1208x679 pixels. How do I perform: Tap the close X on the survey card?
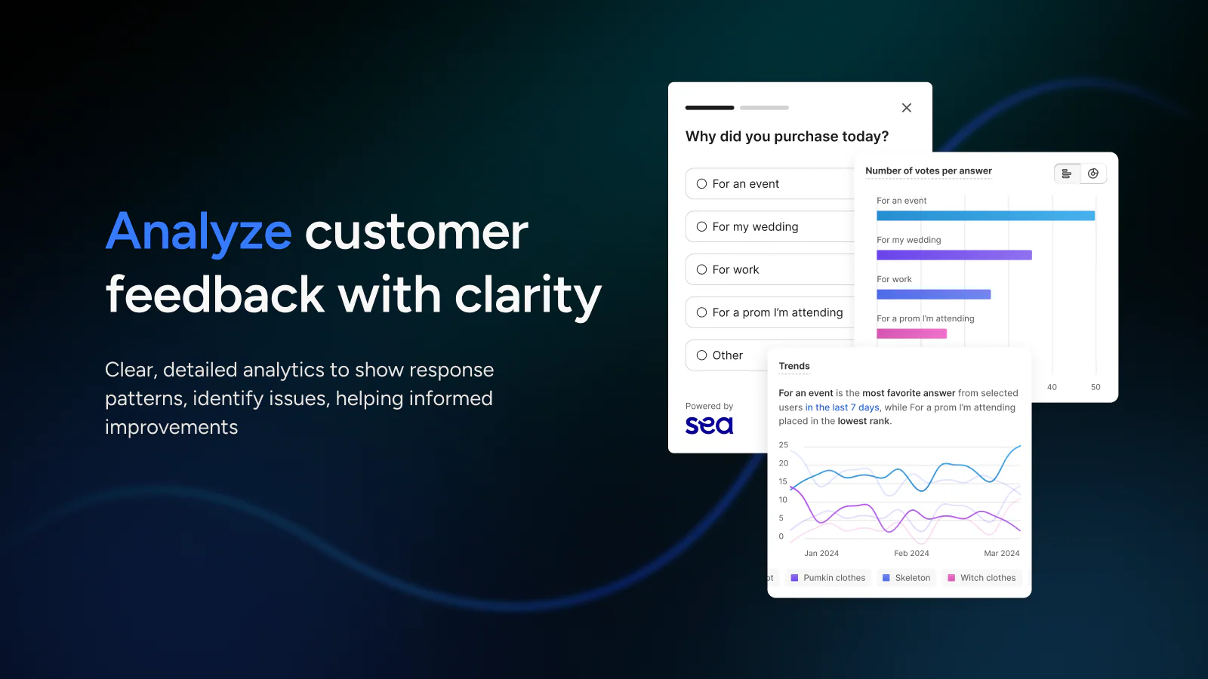tap(907, 108)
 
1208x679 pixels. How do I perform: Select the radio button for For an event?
tap(701, 184)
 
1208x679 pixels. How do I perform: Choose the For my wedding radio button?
tap(701, 227)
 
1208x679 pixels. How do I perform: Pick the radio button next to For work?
tap(701, 269)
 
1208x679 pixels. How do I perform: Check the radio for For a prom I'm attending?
tap(701, 312)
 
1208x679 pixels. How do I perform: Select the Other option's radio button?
tap(701, 355)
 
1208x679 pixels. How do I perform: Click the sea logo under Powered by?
tap(709, 426)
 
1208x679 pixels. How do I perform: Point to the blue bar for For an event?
tap(986, 216)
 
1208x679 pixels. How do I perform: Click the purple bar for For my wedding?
tap(954, 255)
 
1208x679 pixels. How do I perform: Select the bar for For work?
tap(934, 294)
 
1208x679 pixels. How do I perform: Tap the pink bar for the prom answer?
tap(912, 333)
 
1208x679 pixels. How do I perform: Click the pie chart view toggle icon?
tap(1093, 174)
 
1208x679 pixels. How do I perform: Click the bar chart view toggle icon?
tap(1067, 174)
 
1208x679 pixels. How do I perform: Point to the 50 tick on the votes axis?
tap(1096, 387)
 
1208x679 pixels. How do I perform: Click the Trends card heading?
tap(794, 366)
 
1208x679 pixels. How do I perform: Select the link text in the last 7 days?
tap(843, 407)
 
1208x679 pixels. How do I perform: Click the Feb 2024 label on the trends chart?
tap(911, 553)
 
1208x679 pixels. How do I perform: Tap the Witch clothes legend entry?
tap(982, 578)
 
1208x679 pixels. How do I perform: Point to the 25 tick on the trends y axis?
tap(784, 444)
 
